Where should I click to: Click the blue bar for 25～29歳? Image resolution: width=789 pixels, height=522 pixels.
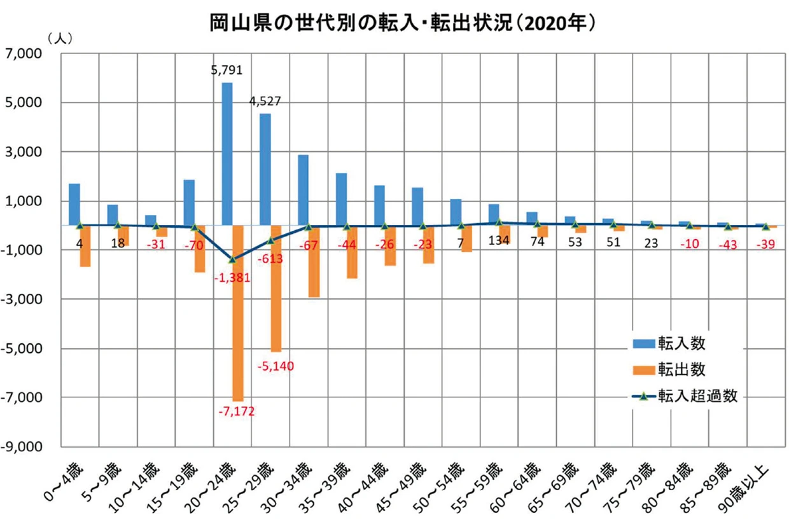tap(265, 169)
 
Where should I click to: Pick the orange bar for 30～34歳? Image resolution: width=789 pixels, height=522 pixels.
tap(314, 261)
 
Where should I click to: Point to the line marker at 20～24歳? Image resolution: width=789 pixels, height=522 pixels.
tap(232, 259)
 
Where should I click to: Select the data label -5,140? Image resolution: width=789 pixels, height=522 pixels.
tap(276, 366)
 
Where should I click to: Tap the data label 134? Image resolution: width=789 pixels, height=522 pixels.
tap(499, 242)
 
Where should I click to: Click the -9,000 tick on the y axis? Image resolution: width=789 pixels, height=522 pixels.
tap(23, 446)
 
